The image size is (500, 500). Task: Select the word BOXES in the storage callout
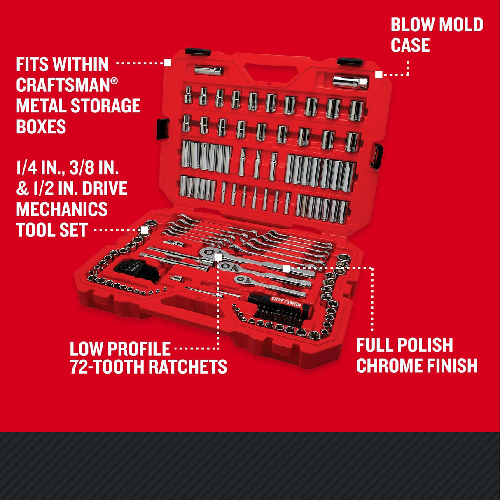tap(41, 126)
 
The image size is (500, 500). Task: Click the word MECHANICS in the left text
tap(62, 209)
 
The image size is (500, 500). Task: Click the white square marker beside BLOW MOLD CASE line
tap(379, 75)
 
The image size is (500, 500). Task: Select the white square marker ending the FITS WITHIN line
tap(167, 63)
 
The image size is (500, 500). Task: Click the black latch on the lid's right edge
tap(376, 156)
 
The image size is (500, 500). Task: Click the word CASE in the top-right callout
tap(410, 45)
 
